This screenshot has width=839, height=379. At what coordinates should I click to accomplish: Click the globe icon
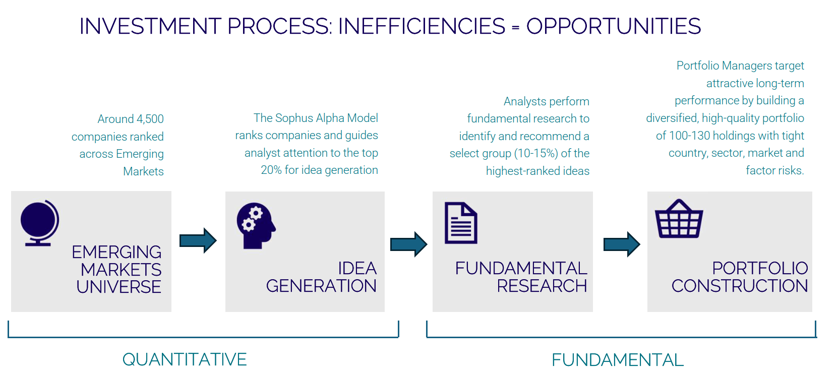pyautogui.click(x=39, y=222)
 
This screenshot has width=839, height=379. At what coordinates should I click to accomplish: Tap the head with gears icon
pyautogui.click(x=256, y=225)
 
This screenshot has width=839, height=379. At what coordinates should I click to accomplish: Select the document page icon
pyautogui.click(x=461, y=223)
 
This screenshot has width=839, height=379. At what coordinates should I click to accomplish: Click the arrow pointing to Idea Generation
pyautogui.click(x=198, y=240)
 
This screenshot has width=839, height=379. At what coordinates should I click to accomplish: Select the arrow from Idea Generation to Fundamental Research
pyautogui.click(x=408, y=244)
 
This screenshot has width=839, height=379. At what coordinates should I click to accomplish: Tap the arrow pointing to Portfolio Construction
pyautogui.click(x=622, y=244)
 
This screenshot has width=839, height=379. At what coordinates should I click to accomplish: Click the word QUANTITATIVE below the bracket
pyautogui.click(x=185, y=359)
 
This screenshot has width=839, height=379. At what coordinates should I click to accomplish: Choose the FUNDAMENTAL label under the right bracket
pyautogui.click(x=617, y=360)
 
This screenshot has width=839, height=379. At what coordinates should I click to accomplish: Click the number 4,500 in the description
pyautogui.click(x=150, y=119)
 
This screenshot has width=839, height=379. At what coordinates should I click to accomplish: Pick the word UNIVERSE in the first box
pyautogui.click(x=119, y=287)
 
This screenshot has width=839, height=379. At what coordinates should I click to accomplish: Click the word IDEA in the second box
pyautogui.click(x=357, y=268)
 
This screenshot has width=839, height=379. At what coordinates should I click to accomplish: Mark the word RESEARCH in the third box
pyautogui.click(x=542, y=286)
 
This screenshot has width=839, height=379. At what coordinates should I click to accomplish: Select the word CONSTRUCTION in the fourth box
pyautogui.click(x=739, y=286)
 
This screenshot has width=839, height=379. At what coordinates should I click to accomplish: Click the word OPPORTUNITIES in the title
pyautogui.click(x=613, y=26)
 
